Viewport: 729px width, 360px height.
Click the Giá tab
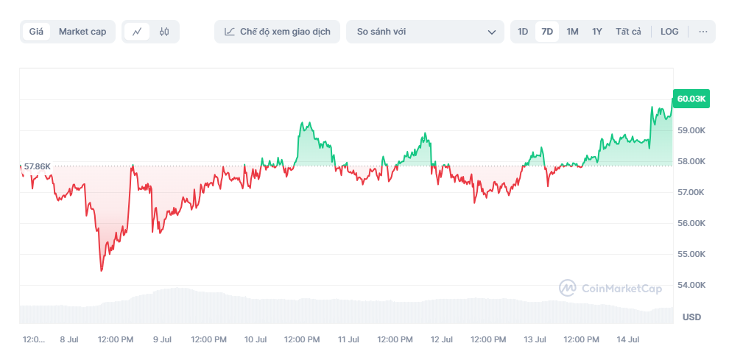[36, 32]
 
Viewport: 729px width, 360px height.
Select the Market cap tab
[82, 32]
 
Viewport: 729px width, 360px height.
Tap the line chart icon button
[137, 32]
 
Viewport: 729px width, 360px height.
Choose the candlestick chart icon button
[164, 32]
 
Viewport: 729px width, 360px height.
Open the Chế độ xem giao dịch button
[277, 32]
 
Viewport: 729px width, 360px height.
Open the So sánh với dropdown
[425, 32]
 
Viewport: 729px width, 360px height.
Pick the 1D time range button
[523, 32]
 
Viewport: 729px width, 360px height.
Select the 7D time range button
[547, 32]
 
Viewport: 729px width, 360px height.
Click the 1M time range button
[572, 32]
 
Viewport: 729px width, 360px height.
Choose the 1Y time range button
[597, 32]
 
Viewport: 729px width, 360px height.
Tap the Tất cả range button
[628, 32]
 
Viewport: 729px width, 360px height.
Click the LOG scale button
[669, 32]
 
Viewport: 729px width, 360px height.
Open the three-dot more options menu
[702, 32]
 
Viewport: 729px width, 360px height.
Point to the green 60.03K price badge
[691, 99]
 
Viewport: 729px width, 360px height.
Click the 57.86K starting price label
[37, 166]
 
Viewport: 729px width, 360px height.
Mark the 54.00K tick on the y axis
[691, 285]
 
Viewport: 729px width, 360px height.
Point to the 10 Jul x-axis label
[255, 339]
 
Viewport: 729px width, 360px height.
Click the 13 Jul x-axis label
[535, 339]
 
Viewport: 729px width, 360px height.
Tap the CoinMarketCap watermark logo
[610, 289]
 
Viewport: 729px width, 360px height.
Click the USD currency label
[691, 317]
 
